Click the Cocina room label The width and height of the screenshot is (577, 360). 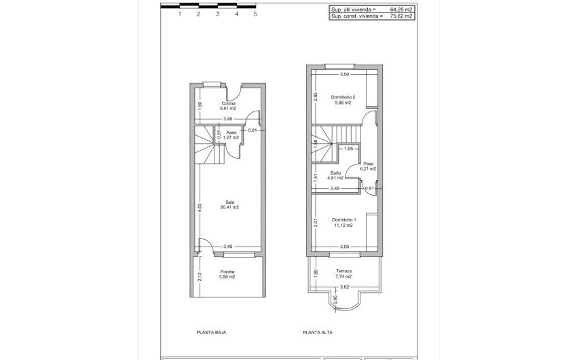[228, 103]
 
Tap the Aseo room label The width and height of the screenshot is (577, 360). [231, 132]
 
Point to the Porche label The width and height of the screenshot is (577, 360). [228, 271]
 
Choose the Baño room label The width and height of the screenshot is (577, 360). [335, 173]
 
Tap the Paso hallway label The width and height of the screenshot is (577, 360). [369, 164]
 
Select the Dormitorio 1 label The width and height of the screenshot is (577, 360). [344, 220]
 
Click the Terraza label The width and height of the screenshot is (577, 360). [344, 271]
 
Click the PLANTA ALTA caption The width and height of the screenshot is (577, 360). [318, 333]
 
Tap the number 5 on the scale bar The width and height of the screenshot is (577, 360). [255, 14]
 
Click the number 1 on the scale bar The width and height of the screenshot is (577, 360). [179, 14]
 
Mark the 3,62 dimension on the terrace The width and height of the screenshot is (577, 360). [344, 287]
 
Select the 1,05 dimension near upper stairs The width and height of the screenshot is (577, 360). [349, 149]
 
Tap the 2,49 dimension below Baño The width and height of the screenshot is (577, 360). [335, 188]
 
